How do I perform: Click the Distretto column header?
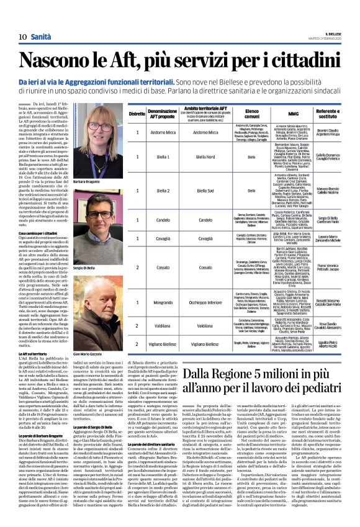[137, 114]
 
